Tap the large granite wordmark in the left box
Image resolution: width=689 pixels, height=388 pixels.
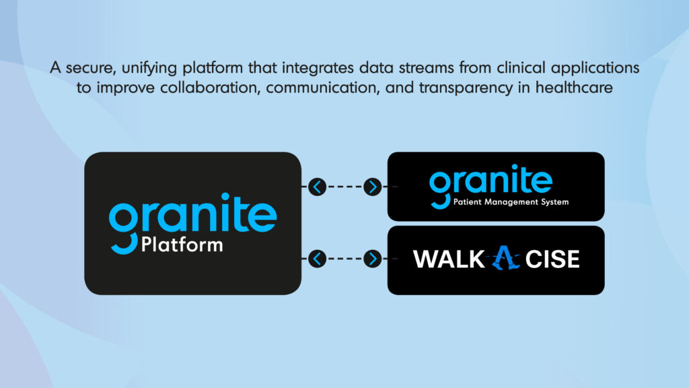point(192,214)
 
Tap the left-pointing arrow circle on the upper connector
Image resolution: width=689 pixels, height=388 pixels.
point(317,187)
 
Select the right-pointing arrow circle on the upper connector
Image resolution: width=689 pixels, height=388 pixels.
point(372,187)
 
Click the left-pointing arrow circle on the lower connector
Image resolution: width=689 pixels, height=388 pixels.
point(317,258)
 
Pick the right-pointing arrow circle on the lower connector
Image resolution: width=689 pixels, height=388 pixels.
point(372,258)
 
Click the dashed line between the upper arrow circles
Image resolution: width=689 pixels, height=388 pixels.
point(344,187)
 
